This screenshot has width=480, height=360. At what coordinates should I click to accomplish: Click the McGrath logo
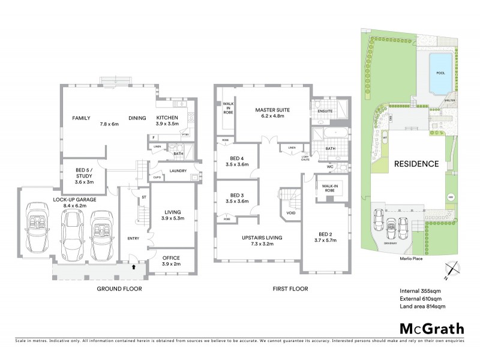click(x=432, y=328)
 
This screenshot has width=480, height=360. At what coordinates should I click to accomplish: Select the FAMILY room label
click(x=81, y=118)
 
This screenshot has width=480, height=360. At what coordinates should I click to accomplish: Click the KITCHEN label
click(x=167, y=118)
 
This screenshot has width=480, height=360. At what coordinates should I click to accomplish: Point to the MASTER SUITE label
click(x=272, y=110)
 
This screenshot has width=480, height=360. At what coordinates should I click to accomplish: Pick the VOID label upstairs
click(x=291, y=213)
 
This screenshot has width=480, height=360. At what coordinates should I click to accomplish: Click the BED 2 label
click(x=323, y=236)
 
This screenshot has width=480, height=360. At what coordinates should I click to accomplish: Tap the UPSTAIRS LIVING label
click(x=262, y=238)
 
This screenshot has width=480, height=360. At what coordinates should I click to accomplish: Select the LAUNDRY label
click(x=179, y=171)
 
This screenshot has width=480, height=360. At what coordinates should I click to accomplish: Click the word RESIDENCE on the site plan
click(x=416, y=163)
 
